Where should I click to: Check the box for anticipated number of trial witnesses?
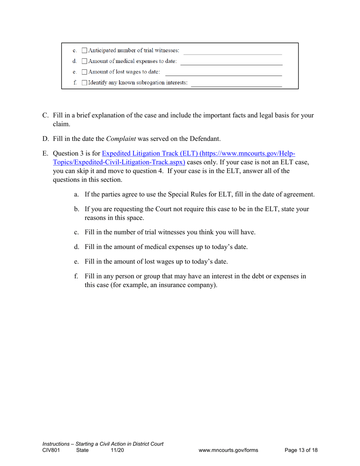pos(85,51)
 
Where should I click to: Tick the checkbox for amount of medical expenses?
pos(85,61)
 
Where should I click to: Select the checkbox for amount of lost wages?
pos(85,72)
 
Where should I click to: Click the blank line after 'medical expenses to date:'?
pos(231,64)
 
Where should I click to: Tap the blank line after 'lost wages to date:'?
pos(224,74)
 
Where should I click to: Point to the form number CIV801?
pos(51,450)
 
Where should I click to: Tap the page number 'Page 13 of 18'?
pos(301,450)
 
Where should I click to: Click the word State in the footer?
pos(82,450)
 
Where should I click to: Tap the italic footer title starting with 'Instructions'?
pos(103,444)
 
